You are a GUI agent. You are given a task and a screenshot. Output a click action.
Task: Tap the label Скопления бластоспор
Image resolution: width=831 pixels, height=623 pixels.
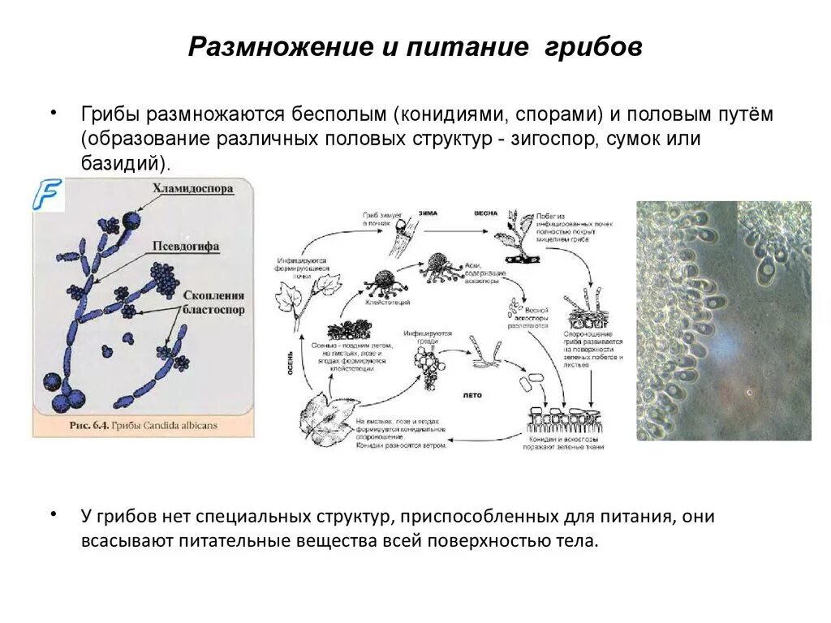pyautogui.click(x=213, y=303)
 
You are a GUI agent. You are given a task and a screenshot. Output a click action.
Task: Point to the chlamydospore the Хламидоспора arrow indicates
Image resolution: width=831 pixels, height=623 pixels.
pyautogui.click(x=130, y=220)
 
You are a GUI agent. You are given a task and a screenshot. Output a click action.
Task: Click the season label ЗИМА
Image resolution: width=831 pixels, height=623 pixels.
pyautogui.click(x=427, y=213)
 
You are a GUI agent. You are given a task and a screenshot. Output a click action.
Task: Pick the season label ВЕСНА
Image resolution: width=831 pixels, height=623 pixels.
pyautogui.click(x=486, y=213)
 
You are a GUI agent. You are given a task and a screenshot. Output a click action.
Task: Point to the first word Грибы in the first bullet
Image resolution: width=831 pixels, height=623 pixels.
pyautogui.click(x=108, y=114)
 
